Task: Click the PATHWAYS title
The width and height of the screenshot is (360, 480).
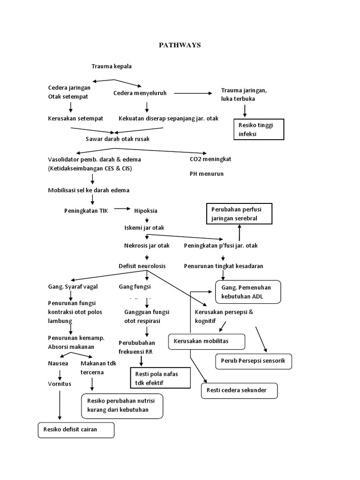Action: click(180, 45)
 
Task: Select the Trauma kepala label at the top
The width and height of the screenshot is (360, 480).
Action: click(111, 66)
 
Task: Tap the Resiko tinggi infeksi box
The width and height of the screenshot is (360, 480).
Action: click(259, 129)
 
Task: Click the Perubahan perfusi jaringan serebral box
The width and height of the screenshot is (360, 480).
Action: click(239, 214)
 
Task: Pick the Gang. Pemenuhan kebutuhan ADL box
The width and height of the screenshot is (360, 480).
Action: click(247, 292)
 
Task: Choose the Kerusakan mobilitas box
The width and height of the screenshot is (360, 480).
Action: click(207, 341)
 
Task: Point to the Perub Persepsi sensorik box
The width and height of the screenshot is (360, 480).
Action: click(254, 361)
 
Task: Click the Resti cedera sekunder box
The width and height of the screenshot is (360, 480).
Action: click(239, 390)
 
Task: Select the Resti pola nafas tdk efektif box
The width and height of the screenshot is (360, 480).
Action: click(160, 378)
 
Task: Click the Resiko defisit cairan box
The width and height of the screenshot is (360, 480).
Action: click(76, 430)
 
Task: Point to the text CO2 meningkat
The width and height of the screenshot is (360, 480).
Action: click(210, 159)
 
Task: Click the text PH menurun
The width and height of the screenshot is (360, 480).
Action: click(207, 173)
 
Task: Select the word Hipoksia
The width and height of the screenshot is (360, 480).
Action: click(146, 210)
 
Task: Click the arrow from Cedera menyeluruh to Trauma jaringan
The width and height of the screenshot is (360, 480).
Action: click(192, 93)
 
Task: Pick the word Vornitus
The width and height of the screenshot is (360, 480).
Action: click(60, 383)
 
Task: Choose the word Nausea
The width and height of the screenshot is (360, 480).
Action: click(58, 363)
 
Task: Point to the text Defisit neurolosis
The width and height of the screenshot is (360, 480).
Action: click(142, 266)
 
